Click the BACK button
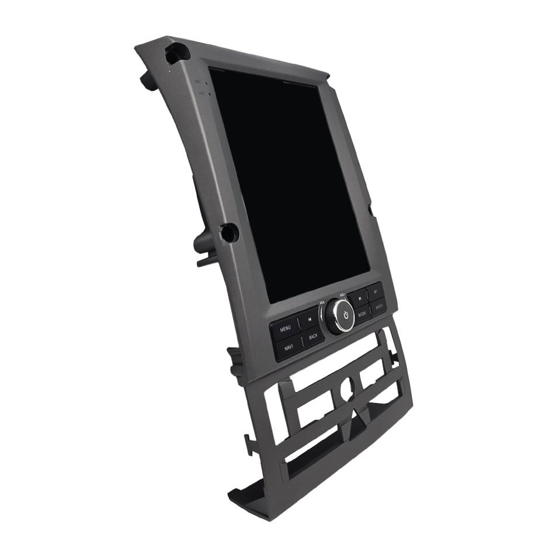tap(314, 336)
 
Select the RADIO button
tap(379, 306)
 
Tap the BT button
tap(376, 291)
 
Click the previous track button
tap(309, 320)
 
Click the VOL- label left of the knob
tap(322, 303)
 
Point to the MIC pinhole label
tap(199, 82)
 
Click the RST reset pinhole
tap(202, 93)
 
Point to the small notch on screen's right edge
tap(370, 209)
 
